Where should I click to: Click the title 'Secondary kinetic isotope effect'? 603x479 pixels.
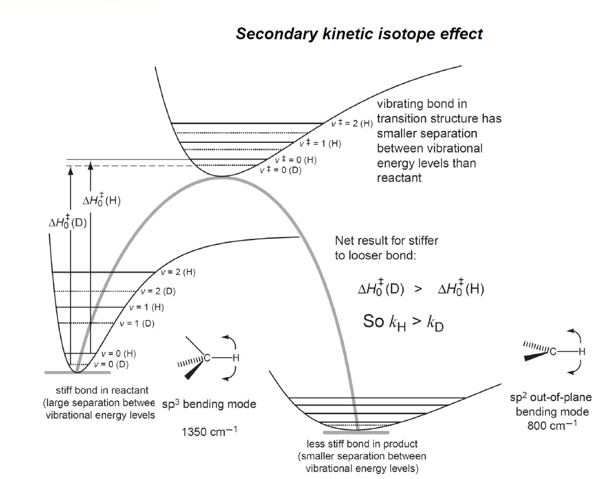359,34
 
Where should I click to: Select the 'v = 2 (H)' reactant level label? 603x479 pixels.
178,273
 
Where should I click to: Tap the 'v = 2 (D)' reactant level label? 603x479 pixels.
158,291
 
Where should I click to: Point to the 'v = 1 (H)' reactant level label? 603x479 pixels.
147,307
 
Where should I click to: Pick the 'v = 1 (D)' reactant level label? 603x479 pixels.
137,323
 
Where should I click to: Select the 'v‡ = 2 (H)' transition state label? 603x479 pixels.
352,123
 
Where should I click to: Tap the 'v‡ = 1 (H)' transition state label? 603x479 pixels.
320,143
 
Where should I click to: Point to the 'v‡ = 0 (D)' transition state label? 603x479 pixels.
280,170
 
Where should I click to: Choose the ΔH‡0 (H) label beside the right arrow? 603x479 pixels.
102,201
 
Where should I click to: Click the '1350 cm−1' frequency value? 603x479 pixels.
209,432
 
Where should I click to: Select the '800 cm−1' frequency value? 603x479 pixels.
552,427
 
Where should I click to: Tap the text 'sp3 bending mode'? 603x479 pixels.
209,404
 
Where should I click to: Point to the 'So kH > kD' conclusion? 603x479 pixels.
404,322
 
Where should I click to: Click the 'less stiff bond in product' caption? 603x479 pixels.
362,445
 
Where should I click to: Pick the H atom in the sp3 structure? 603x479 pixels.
236,358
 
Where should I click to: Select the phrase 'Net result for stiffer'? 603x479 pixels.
386,241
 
